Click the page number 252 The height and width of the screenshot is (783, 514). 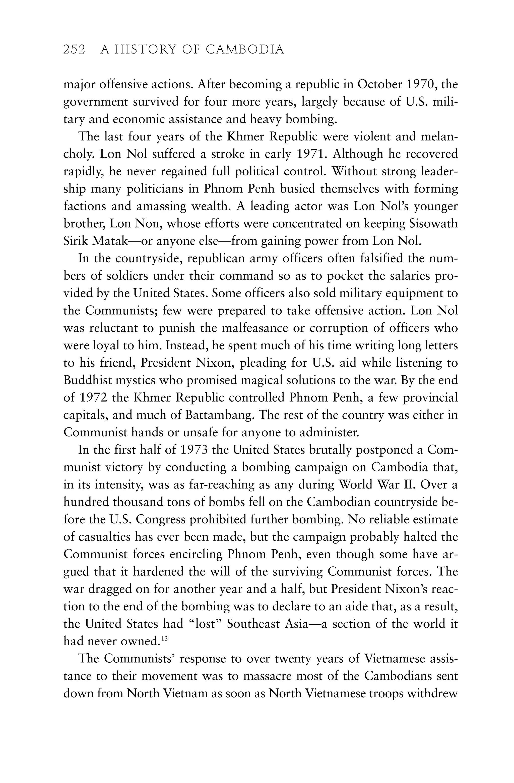click(x=74, y=50)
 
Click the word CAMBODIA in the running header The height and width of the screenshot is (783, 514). click(x=245, y=50)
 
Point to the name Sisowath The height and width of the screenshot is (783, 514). click(x=433, y=224)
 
